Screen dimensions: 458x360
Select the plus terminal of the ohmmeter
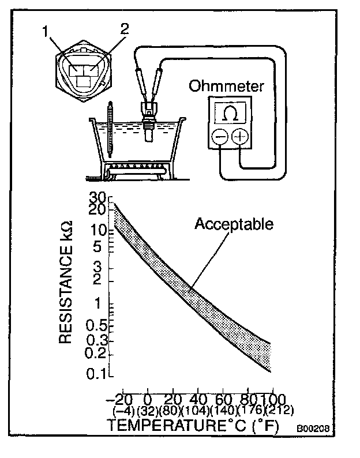[x=239, y=137]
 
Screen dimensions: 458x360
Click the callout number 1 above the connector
[x=45, y=32]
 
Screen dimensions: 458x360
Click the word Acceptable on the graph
[x=234, y=223]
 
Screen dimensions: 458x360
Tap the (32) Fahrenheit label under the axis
[x=148, y=411]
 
